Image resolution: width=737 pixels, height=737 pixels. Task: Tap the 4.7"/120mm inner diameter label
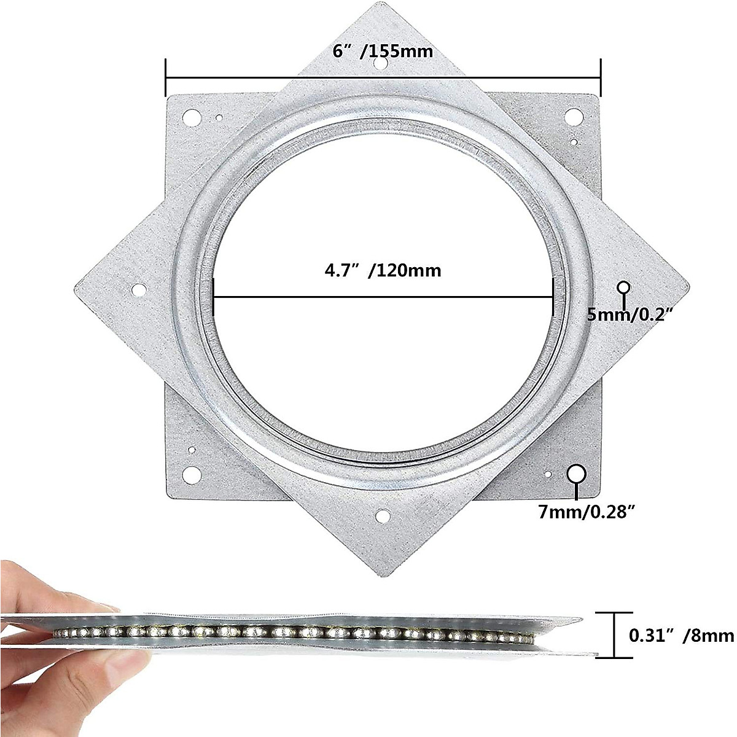coord(383,270)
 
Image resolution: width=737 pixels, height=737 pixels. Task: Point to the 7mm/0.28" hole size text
coord(585,512)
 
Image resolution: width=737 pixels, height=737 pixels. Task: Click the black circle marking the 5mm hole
coord(624,287)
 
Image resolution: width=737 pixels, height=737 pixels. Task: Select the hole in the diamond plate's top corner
coord(381,64)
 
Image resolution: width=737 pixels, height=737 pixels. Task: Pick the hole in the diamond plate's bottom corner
coord(383,516)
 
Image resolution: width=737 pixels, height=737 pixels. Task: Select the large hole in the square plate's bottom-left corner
coord(192,474)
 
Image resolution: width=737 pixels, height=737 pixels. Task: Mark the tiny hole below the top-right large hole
coord(574,142)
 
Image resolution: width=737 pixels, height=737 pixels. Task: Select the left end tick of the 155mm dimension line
coord(166,78)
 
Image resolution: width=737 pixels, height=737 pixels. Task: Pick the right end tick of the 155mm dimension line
coord(601,78)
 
